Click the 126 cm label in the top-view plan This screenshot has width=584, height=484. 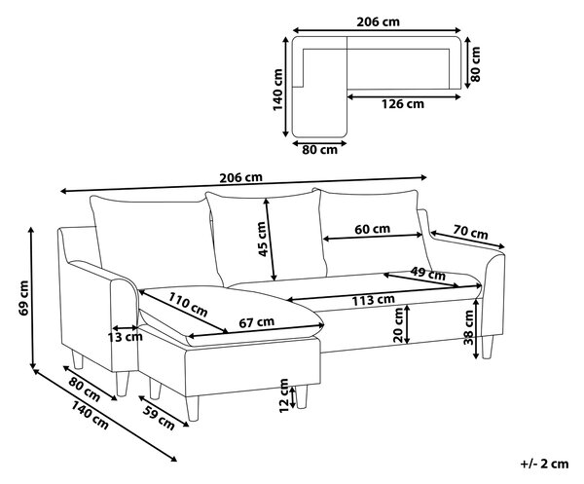(x=402, y=104)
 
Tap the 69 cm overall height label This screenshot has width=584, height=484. (x=23, y=298)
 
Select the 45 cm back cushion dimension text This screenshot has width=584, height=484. (x=262, y=239)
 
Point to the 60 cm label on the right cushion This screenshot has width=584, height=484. (x=372, y=229)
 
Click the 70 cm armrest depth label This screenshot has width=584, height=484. (x=470, y=233)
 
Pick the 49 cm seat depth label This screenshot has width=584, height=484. (x=428, y=274)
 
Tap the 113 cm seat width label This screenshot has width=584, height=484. (x=374, y=300)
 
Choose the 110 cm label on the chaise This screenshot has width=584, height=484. (x=188, y=304)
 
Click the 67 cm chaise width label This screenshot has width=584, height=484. (x=257, y=322)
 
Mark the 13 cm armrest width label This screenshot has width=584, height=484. (x=126, y=337)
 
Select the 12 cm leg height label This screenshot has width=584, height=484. (x=284, y=395)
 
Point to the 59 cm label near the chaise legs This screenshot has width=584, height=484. (x=159, y=417)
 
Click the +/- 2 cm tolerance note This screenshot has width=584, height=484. (x=544, y=464)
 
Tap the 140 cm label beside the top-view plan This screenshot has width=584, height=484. (x=277, y=90)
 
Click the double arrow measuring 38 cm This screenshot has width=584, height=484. (x=476, y=328)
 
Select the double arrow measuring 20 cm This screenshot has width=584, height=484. (x=407, y=324)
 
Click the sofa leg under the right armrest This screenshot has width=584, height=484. (x=488, y=347)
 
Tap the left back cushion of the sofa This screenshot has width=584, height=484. (x=154, y=239)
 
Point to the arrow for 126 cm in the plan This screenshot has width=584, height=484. (x=404, y=97)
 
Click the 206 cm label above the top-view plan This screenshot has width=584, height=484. (x=378, y=22)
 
